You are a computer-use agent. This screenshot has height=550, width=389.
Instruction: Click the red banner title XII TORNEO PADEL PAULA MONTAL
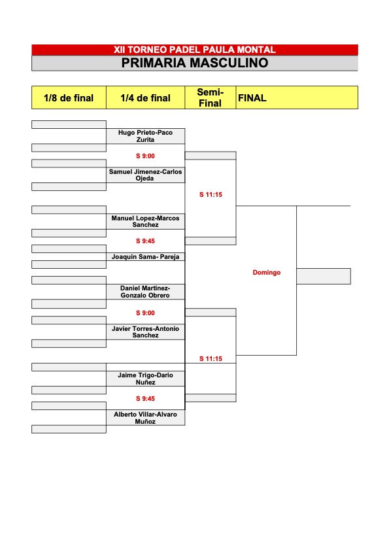[195, 50]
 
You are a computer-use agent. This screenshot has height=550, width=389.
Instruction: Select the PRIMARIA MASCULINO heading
[195, 63]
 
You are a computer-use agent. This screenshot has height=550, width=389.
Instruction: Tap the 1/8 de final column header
[69, 98]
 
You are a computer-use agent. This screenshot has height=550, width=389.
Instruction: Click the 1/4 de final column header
[146, 98]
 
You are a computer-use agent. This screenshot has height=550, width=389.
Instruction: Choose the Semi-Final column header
[210, 97]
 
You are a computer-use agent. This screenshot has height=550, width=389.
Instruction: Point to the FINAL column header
[252, 98]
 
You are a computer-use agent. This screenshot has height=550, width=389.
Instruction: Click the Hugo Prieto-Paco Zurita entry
[145, 136]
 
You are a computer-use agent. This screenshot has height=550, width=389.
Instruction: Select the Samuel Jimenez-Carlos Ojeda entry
[145, 175]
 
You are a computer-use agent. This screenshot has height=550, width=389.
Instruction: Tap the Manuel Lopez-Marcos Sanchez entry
[145, 221]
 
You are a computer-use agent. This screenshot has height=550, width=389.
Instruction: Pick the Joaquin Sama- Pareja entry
[145, 257]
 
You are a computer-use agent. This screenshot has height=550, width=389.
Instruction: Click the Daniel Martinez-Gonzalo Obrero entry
[145, 292]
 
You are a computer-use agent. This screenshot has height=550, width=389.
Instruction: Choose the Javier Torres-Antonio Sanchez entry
[145, 332]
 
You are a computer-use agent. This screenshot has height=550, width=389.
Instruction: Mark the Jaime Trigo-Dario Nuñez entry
[145, 379]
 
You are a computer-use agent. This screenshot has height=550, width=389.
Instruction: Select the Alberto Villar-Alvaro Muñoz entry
[145, 418]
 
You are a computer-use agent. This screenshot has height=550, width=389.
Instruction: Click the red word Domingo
[267, 273]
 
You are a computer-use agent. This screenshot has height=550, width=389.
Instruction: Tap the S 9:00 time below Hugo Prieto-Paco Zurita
[145, 156]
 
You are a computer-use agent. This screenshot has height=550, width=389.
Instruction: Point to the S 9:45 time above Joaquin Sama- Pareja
[145, 241]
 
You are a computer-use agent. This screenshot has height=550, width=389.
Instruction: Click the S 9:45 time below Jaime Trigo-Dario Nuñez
[145, 399]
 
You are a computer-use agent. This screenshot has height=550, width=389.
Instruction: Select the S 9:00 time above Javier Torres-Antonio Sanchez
[145, 313]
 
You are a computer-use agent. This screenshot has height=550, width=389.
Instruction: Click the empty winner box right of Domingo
[324, 276]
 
